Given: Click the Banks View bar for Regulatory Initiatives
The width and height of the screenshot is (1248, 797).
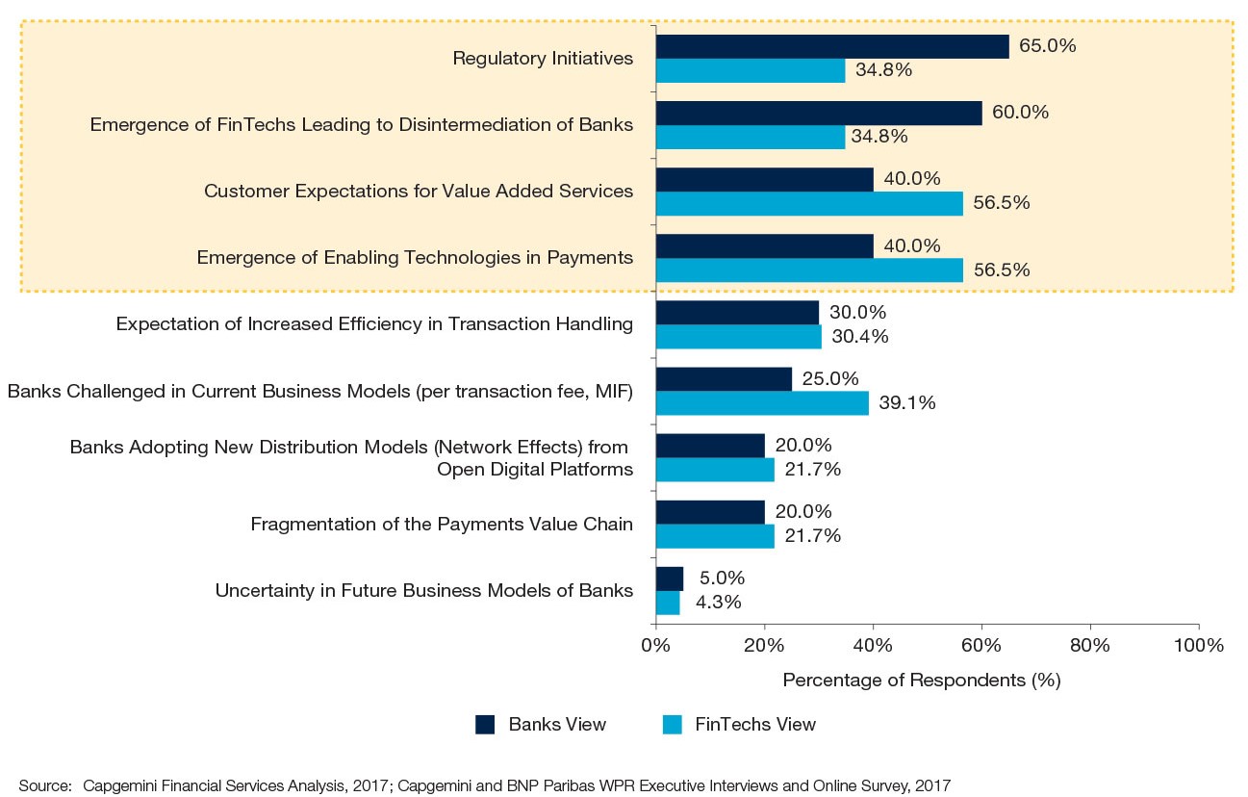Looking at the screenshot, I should click(832, 46).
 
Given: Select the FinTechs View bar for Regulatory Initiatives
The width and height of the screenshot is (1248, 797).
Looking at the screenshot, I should click(751, 70).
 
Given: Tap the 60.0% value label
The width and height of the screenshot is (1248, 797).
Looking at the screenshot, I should click(1019, 113).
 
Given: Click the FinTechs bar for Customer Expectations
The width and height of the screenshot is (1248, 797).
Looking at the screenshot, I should click(809, 203).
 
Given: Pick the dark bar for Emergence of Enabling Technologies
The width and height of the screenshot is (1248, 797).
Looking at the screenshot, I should click(764, 246).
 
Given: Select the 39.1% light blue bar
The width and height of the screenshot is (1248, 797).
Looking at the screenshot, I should click(762, 403).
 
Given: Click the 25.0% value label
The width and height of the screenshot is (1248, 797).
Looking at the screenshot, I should click(830, 379).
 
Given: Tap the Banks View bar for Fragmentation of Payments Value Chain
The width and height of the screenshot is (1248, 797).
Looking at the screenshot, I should click(710, 512).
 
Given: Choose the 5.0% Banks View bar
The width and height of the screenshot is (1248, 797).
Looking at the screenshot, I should click(670, 578).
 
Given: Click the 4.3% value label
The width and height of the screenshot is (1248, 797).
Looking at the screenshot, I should click(717, 603).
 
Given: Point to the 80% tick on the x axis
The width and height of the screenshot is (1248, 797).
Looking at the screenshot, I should click(1090, 646).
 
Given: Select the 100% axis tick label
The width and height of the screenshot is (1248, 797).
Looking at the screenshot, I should click(1198, 646).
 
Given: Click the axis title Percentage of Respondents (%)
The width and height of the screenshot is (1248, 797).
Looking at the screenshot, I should click(921, 681).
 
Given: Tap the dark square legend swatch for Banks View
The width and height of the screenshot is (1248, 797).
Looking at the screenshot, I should click(485, 725).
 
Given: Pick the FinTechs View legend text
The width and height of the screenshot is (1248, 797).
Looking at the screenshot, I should click(754, 725).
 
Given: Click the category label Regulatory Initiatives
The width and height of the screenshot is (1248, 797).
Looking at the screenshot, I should click(543, 59).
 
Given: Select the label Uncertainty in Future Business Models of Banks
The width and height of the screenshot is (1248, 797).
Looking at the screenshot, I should click(423, 591).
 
